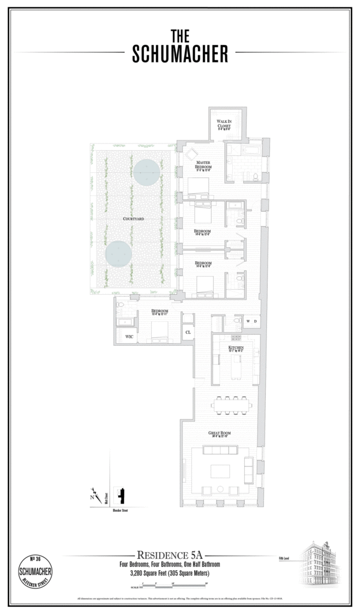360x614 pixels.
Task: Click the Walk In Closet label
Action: [224, 124]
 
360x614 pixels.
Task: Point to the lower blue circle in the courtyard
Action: [119, 254]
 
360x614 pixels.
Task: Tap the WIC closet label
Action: [128, 338]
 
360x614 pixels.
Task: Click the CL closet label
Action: [188, 332]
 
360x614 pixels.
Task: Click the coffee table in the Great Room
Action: [220, 469]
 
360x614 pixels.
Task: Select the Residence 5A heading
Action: [173, 555]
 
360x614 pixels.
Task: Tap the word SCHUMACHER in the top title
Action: [180, 55]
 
